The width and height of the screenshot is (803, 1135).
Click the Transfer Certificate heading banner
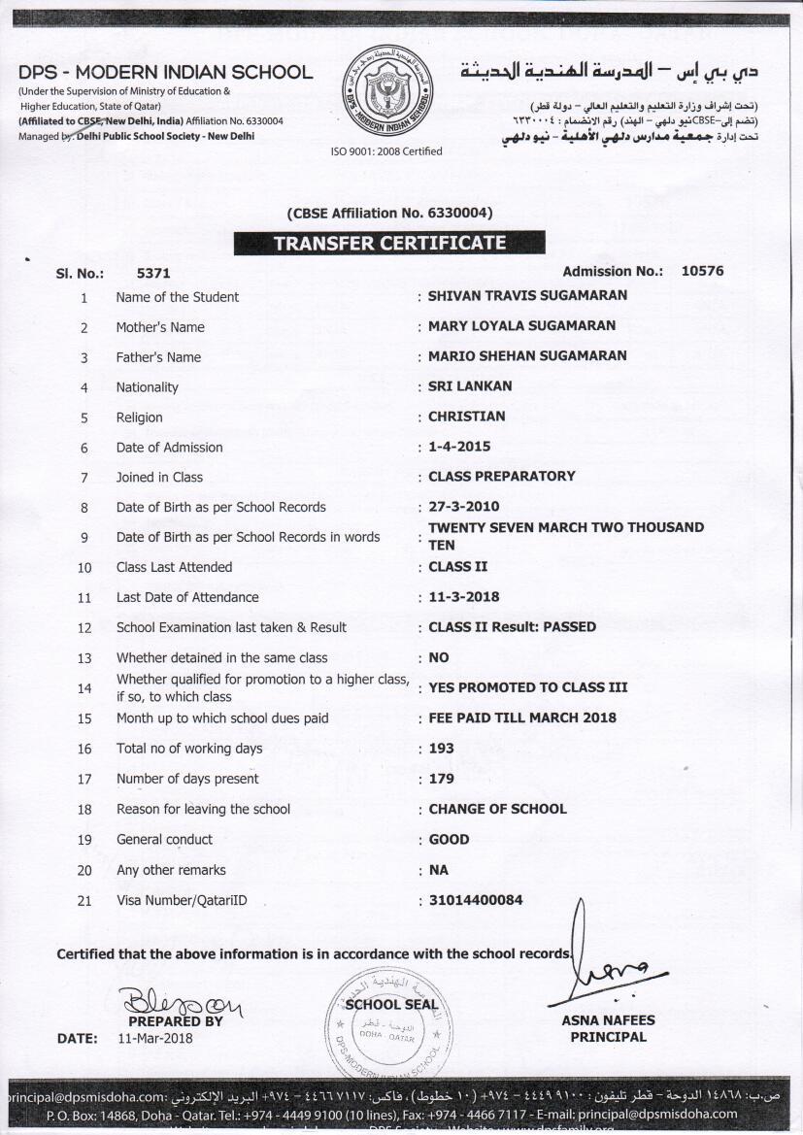pos(389,243)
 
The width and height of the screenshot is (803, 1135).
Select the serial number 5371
pos(153,274)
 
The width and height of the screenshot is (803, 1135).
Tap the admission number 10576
pos(702,272)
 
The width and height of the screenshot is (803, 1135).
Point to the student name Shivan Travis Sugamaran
pos(527,295)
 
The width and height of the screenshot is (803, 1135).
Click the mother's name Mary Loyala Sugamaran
pos(521,325)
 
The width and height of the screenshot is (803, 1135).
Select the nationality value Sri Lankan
pos(470,385)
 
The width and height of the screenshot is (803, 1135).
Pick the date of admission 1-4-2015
pos(459,447)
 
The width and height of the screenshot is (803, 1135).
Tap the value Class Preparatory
pos(502,476)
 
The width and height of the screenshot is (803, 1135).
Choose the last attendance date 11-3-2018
pos(464,597)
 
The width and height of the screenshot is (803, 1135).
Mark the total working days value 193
pos(441,749)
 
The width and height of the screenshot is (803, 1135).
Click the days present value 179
pos(441,779)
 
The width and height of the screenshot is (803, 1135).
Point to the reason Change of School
pos(497,809)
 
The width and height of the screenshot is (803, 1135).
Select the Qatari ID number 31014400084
pos(476,900)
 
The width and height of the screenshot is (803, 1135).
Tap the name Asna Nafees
pos(608,1020)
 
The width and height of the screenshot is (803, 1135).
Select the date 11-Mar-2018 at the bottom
pos(155,1038)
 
